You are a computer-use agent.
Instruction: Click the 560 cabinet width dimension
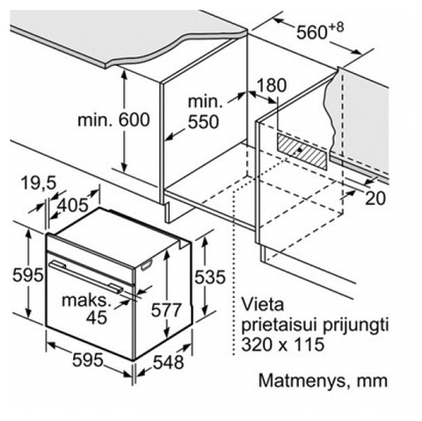[x=319, y=31]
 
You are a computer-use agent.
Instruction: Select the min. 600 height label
[x=113, y=120]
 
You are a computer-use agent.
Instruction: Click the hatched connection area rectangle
[x=302, y=151]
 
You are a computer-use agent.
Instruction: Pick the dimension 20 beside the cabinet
[x=375, y=199]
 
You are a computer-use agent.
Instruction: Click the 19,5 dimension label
[x=39, y=184]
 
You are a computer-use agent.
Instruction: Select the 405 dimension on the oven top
[x=72, y=205]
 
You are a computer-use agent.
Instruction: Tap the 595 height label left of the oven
[x=28, y=275]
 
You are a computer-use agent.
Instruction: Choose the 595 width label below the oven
[x=88, y=359]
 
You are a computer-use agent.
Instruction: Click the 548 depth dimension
[x=169, y=362]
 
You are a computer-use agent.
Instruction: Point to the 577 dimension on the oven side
[x=166, y=309]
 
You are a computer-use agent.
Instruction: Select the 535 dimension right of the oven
[x=210, y=277]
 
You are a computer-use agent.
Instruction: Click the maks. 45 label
[x=87, y=309]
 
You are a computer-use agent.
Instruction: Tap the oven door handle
[x=86, y=277]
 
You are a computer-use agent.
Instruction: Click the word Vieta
[x=263, y=304]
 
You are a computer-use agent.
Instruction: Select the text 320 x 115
[x=283, y=344]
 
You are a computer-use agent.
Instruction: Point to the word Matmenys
[x=302, y=381]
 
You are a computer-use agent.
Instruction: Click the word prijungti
[x=356, y=326]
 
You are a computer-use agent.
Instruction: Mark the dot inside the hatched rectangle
[x=299, y=149]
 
